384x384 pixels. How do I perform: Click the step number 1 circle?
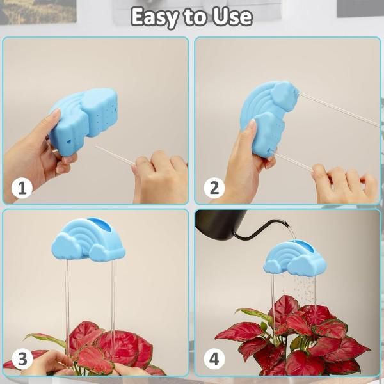pyautogui.click(x=22, y=188)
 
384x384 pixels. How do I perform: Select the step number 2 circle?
pyautogui.click(x=214, y=188)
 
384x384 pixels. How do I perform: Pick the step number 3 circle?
pyautogui.click(x=22, y=359)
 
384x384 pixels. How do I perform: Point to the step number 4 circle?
pyautogui.click(x=214, y=359)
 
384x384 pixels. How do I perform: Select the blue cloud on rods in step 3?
pyautogui.click(x=89, y=240)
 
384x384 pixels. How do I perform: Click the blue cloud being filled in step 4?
pyautogui.click(x=295, y=257)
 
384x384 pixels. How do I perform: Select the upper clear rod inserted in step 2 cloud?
pyautogui.click(x=339, y=109)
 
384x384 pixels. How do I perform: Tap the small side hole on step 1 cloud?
pyautogui.click(x=69, y=141)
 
